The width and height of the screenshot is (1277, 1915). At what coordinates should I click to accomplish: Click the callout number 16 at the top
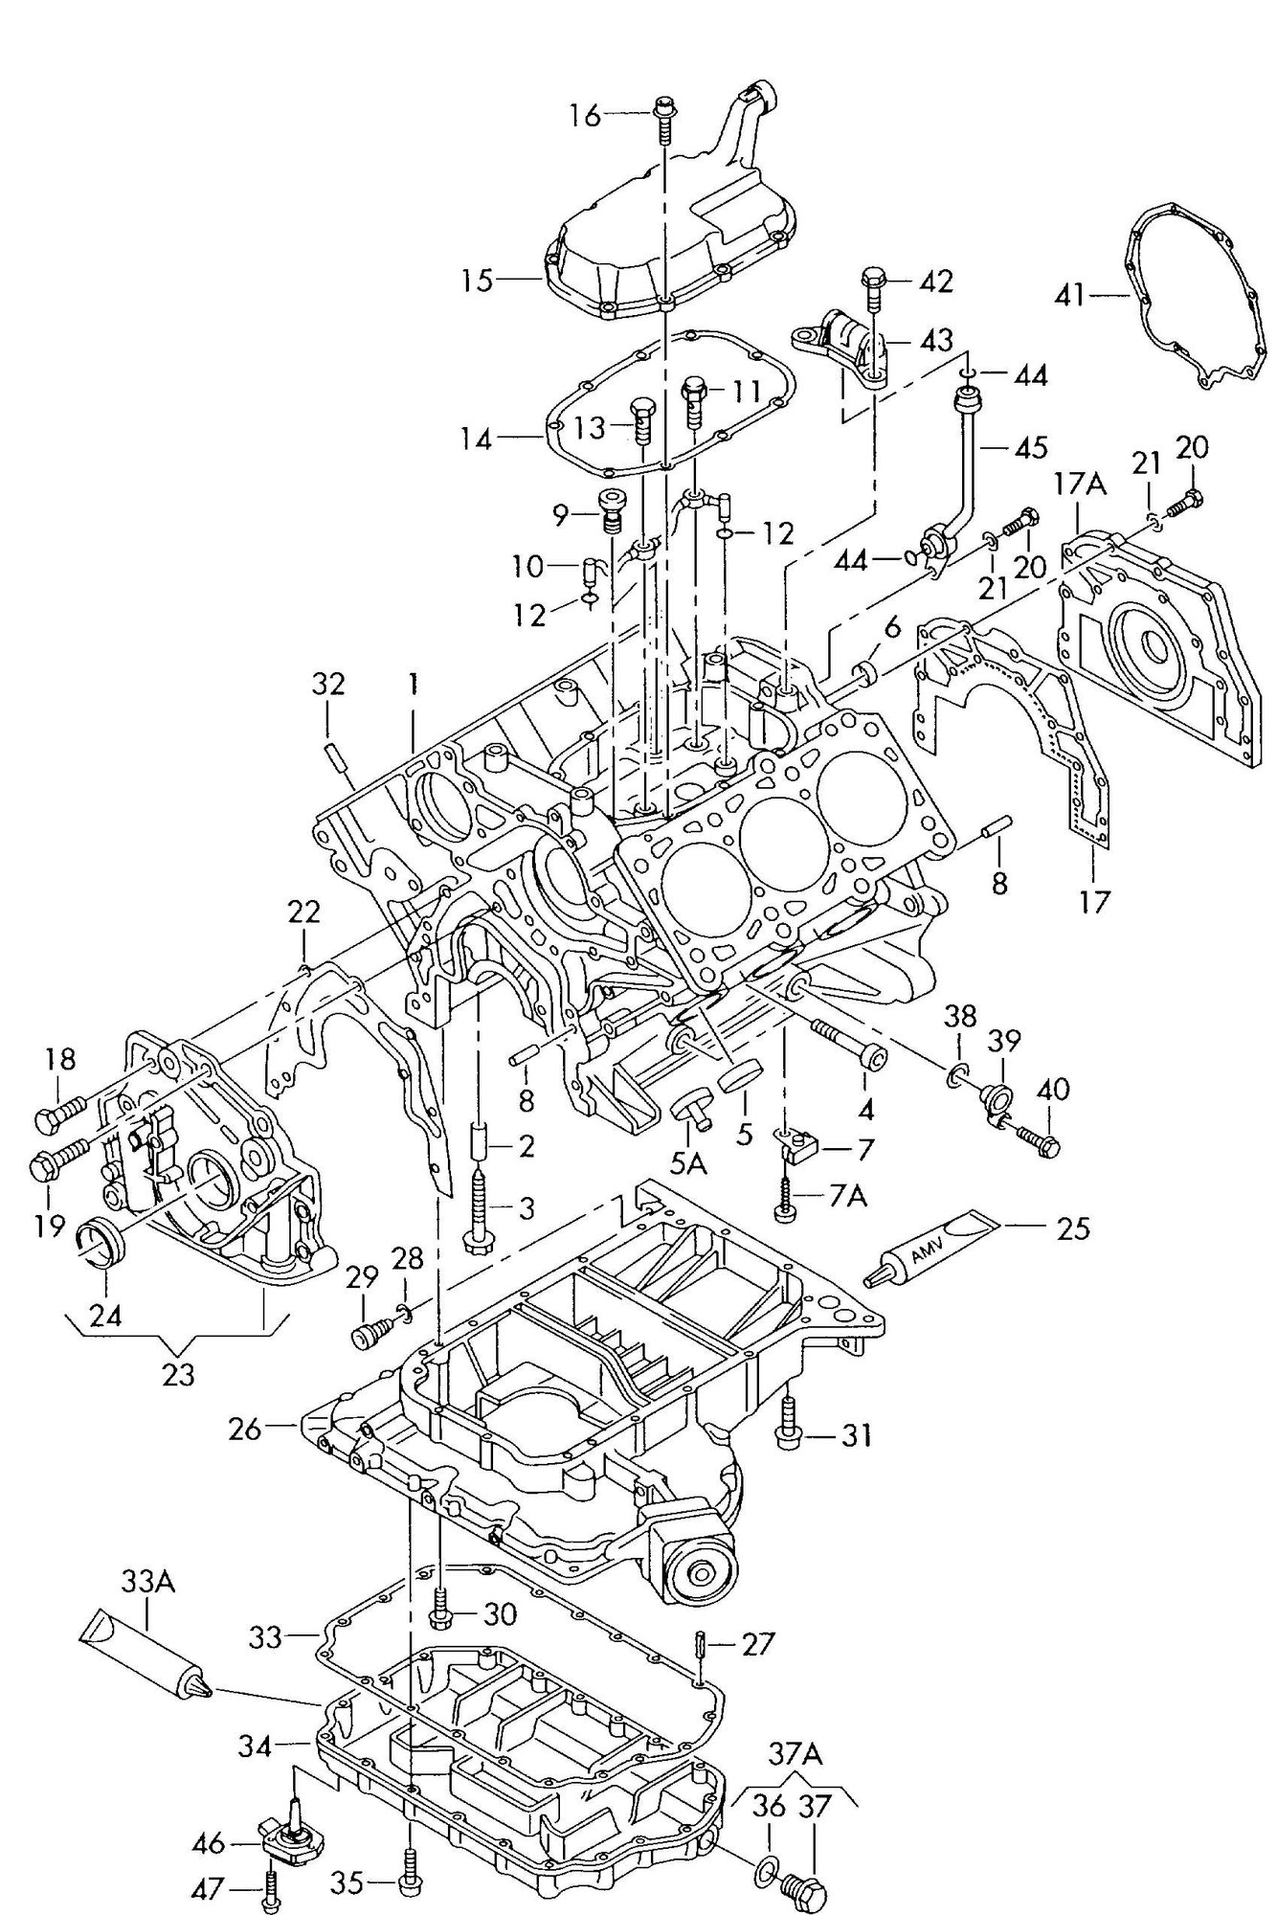585,116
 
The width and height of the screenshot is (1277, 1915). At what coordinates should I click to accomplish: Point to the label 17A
1080,485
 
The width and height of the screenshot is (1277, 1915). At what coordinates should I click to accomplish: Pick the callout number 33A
147,1583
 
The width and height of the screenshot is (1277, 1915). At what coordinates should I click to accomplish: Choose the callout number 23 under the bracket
178,1374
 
